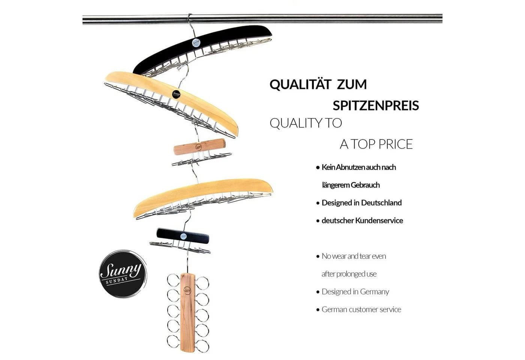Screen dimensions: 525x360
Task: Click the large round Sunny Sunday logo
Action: click(x=123, y=274)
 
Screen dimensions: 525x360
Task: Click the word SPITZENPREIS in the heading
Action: click(x=376, y=105)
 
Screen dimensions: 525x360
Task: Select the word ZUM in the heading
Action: click(x=352, y=84)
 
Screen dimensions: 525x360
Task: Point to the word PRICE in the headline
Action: click(x=396, y=144)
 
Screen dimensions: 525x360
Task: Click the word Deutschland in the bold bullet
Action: click(x=381, y=203)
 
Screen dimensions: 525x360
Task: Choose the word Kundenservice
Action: click(x=379, y=220)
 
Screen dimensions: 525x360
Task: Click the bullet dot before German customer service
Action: click(x=318, y=310)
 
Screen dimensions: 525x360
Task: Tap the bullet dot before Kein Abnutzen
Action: click(x=318, y=168)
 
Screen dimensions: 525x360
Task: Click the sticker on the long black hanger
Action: click(x=196, y=43)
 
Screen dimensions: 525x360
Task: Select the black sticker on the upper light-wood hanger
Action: click(x=176, y=94)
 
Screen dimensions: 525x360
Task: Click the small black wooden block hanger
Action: click(x=183, y=236)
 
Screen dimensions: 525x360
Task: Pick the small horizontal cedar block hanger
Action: click(x=199, y=147)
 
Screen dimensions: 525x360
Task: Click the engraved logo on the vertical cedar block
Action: click(x=187, y=290)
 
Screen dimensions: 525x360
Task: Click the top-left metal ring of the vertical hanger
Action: click(x=173, y=280)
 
